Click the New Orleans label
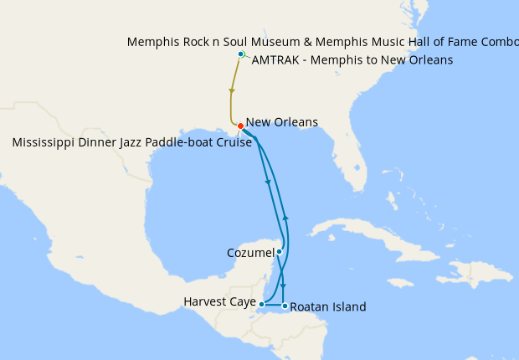click(282, 122)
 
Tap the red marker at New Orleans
click(240, 126)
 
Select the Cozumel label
click(250, 252)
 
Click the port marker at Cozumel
click(280, 251)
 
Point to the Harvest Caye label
click(219, 301)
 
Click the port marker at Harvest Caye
click(262, 304)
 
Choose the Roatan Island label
click(329, 307)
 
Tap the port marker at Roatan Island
click(285, 306)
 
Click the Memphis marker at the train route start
click(241, 54)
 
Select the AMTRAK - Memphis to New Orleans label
click(352, 60)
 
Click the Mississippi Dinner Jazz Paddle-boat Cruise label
click(132, 142)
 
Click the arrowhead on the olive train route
click(231, 90)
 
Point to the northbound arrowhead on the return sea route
click(286, 217)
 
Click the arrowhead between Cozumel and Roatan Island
click(283, 285)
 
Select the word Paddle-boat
click(198, 142)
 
